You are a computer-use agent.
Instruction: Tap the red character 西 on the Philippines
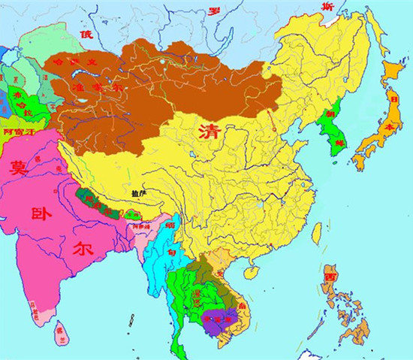pyautogui.click(x=331, y=277)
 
